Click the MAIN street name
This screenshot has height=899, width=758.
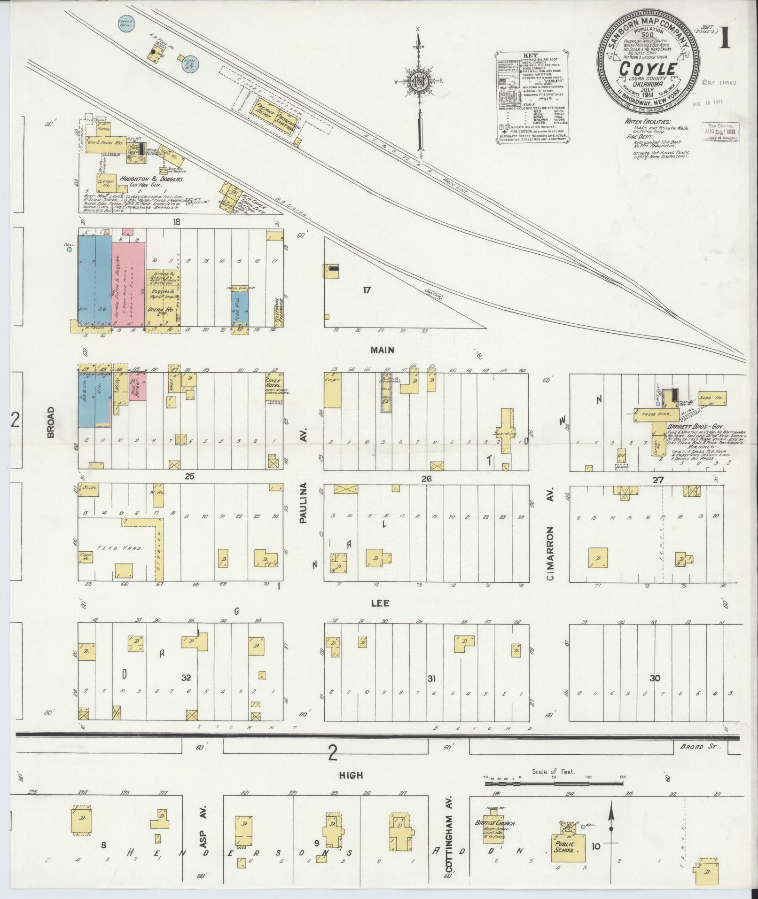tap(382, 350)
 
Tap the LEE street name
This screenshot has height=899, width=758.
tap(380, 603)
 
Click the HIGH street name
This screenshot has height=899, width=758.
tap(351, 775)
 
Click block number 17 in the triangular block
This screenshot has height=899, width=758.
tap(367, 290)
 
